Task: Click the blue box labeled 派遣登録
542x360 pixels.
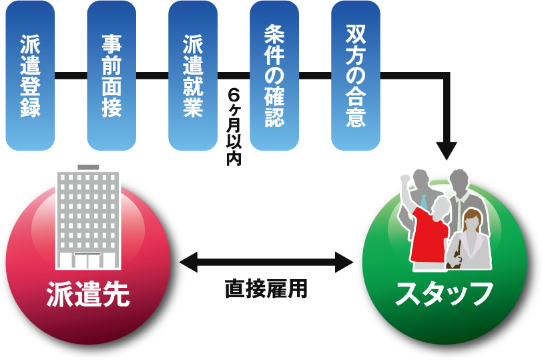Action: (30, 75)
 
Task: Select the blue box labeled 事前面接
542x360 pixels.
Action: (111, 75)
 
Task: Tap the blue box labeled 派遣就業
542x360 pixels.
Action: (193, 75)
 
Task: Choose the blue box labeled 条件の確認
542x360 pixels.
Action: (274, 75)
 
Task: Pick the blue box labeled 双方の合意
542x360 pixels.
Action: (356, 75)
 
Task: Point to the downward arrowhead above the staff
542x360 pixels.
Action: (445, 150)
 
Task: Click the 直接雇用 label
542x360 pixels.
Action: (266, 289)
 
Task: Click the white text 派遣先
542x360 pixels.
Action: (87, 295)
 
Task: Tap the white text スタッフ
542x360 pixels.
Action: (445, 295)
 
